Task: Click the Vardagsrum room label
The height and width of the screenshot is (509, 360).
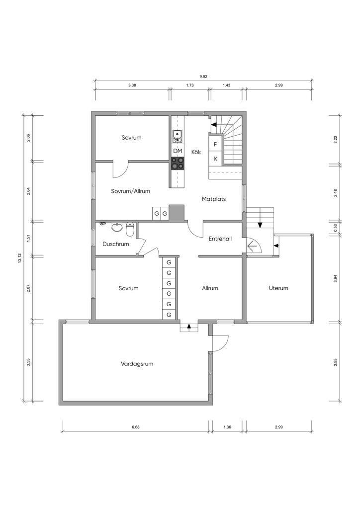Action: click(x=137, y=364)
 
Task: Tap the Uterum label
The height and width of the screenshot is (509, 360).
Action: click(x=278, y=288)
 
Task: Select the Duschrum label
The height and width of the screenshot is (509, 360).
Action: click(x=116, y=244)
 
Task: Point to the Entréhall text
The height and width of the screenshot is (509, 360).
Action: click(x=220, y=239)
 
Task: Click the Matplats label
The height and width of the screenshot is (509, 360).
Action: click(x=214, y=199)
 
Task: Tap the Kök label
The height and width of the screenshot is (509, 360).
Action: click(x=196, y=152)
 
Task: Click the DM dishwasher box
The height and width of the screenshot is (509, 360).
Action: click(x=178, y=151)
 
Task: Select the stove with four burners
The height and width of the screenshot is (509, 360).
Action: click(x=178, y=163)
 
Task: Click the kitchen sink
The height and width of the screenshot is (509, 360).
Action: click(x=177, y=136)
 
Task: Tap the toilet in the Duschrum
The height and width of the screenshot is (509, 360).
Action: click(x=130, y=229)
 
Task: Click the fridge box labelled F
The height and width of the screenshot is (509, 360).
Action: click(x=215, y=145)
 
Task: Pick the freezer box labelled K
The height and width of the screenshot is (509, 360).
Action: click(x=215, y=159)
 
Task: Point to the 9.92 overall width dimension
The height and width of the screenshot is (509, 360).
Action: click(x=203, y=77)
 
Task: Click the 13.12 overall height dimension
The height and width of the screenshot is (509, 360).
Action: click(x=19, y=258)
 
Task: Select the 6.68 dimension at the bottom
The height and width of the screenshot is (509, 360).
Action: click(x=136, y=427)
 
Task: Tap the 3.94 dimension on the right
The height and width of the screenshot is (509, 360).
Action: click(x=336, y=278)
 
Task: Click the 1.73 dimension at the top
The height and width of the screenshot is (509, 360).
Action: click(x=190, y=85)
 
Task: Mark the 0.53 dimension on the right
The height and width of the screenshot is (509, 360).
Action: click(x=336, y=228)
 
